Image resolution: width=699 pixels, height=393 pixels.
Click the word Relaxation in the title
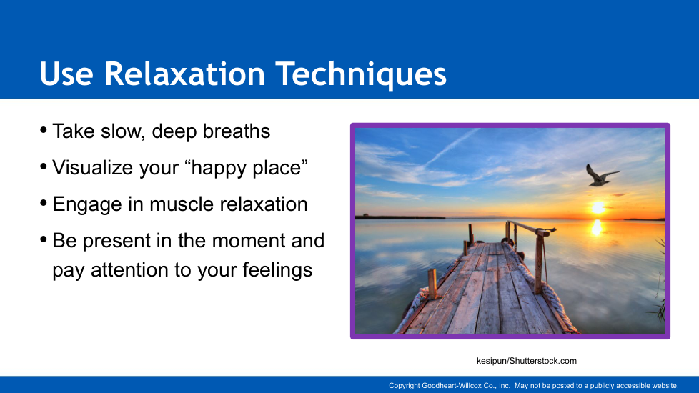(185, 74)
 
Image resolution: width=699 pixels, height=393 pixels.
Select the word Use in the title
(66, 74)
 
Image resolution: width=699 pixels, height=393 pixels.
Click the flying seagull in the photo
(601, 175)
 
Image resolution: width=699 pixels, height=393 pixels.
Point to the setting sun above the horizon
(598, 207)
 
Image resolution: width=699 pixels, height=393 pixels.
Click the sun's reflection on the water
(597, 227)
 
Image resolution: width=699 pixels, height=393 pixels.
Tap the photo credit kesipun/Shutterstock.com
(527, 361)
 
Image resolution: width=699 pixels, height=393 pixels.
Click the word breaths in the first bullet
(237, 131)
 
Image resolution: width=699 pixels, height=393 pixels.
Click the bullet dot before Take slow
(44, 130)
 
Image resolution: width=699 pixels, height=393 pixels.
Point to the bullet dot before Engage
(44, 203)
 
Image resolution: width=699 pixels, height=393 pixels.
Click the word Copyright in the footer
(405, 386)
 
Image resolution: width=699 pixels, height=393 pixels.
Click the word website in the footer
(665, 385)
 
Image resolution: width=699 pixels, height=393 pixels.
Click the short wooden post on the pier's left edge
(432, 284)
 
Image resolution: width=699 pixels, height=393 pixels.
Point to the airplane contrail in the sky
(451, 147)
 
